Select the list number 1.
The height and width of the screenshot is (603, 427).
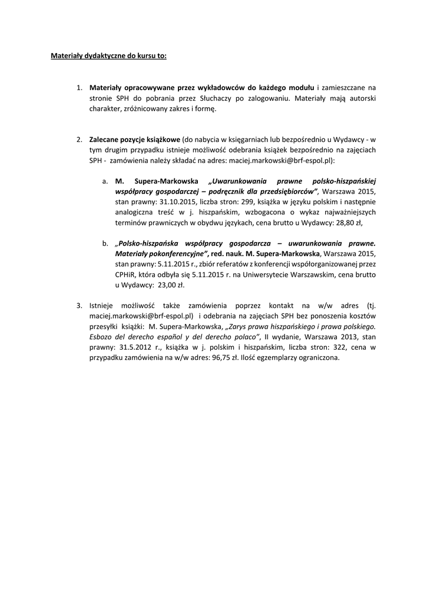click(79, 88)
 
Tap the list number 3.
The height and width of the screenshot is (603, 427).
click(79, 305)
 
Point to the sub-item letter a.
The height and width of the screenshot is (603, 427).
click(104, 181)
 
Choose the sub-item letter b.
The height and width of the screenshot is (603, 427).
click(104, 242)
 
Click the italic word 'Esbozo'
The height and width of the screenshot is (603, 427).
click(102, 337)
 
